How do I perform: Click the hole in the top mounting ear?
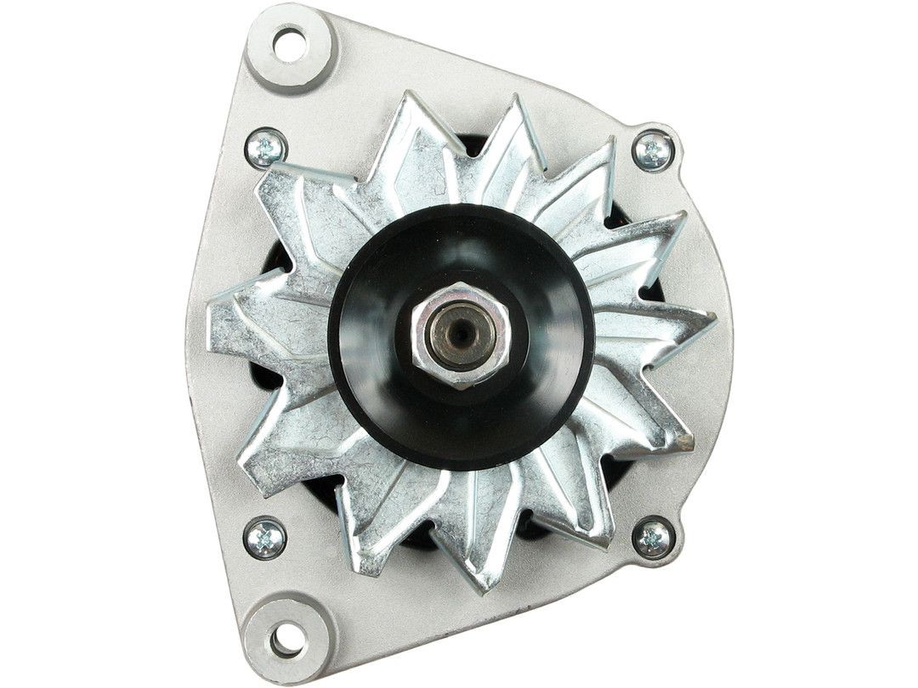pos(289,43)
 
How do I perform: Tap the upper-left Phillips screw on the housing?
pos(265,149)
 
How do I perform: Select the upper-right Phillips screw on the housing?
pos(654,152)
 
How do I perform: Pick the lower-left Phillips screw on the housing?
pos(264,538)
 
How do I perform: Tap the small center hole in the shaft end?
pos(459,334)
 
